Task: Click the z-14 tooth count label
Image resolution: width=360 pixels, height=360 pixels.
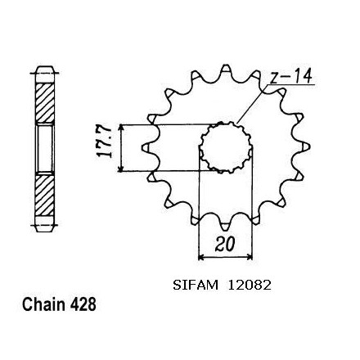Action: [290, 76]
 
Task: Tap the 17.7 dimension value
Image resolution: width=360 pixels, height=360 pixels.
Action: [105, 142]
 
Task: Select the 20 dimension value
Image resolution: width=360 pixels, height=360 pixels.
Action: [224, 244]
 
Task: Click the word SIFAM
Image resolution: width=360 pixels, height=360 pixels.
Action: [196, 286]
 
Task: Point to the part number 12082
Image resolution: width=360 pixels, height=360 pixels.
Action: [250, 286]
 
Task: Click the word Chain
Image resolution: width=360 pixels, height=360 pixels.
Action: [43, 304]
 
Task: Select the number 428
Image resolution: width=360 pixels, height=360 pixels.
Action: [83, 304]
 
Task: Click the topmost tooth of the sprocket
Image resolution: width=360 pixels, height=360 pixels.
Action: [226, 69]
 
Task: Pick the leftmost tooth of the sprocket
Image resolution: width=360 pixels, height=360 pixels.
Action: [146, 147]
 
